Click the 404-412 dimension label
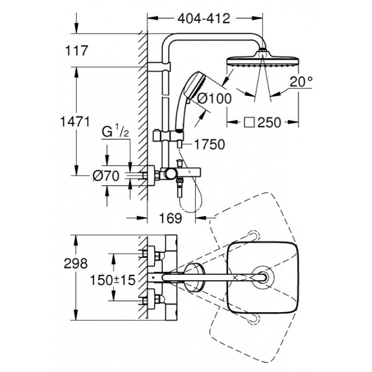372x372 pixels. pos(205,19)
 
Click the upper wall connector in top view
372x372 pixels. pos(151,253)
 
